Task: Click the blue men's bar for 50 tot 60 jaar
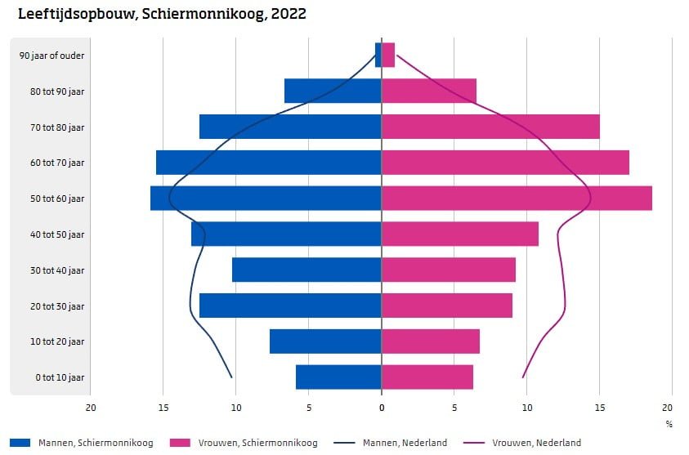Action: [x=266, y=199]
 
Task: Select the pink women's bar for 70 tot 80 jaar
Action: [x=490, y=127]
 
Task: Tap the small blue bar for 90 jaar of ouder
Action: [x=378, y=55]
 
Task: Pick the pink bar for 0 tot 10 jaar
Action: [x=427, y=377]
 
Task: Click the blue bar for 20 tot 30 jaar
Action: [x=290, y=306]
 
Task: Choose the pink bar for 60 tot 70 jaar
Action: [x=505, y=163]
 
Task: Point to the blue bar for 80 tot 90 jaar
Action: [x=333, y=91]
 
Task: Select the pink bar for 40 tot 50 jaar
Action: [x=460, y=234]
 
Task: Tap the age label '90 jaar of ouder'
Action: [x=53, y=56]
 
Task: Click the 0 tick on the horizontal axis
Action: [x=382, y=408]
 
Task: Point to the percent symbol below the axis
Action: [x=669, y=424]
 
